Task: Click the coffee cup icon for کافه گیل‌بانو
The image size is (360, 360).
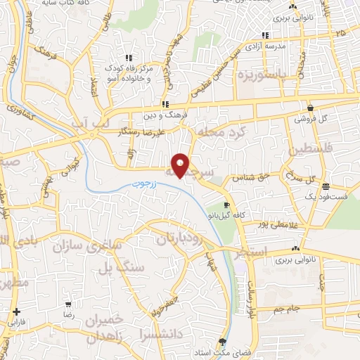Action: [226, 206]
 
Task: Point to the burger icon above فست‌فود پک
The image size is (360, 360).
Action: [326, 187]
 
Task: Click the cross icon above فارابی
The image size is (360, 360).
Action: [15, 311]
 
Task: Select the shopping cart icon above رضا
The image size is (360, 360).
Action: [69, 305]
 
